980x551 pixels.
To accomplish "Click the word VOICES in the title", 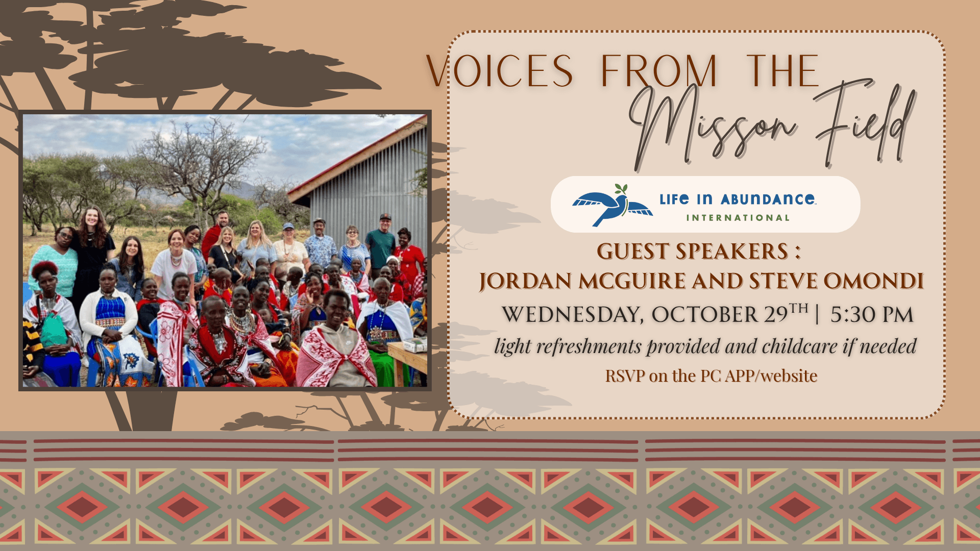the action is [x=499, y=71].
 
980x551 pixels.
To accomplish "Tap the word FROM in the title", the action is [x=659, y=71].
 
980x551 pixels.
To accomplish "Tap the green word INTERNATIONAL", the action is [x=738, y=218].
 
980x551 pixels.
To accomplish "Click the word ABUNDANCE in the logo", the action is [x=768, y=199].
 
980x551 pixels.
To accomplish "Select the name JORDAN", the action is [x=526, y=282].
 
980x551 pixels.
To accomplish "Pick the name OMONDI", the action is [x=873, y=281].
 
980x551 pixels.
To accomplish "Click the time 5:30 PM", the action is [x=872, y=315].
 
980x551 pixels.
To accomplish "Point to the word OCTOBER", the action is [x=705, y=315].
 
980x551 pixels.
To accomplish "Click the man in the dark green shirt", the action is [x=380, y=245].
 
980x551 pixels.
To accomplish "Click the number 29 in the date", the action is [x=776, y=315].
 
